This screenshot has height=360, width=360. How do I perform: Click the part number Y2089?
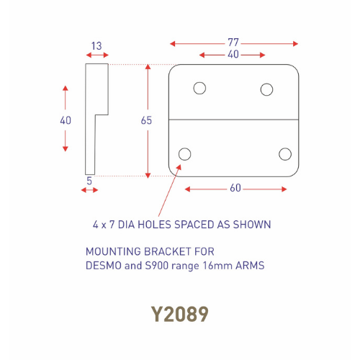point(180,315)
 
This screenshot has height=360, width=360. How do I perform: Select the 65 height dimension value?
point(147,121)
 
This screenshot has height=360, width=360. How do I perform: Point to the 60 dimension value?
point(235,189)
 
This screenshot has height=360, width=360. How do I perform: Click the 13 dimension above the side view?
point(96,45)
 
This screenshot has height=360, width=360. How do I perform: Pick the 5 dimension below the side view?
point(90,181)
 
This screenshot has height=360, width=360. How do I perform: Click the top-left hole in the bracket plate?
point(199,88)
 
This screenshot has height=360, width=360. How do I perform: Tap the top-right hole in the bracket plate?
point(267,89)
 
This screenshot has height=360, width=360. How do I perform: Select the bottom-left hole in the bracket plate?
point(185,153)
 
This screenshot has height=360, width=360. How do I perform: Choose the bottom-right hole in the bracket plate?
point(285,153)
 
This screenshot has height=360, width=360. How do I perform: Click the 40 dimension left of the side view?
point(66,121)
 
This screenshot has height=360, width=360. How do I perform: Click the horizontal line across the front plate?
point(234,119)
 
